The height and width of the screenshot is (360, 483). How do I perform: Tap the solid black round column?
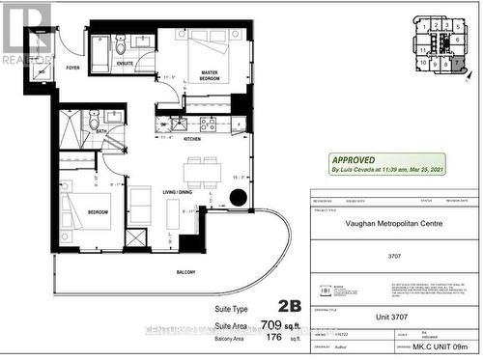click(x=239, y=199)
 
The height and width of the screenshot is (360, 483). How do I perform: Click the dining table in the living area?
click(x=201, y=172)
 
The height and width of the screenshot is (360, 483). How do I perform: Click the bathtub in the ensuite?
click(x=99, y=50)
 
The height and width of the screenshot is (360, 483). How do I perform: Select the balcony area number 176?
click(x=276, y=339)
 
